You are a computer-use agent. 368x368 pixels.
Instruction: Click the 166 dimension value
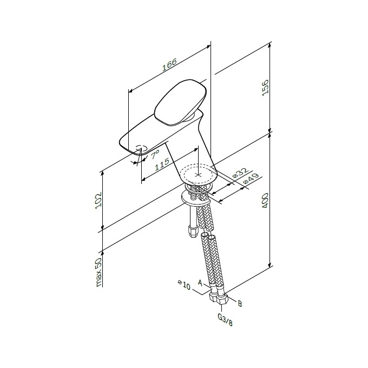pyautogui.click(x=169, y=67)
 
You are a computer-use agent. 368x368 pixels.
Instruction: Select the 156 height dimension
pyautogui.click(x=265, y=87)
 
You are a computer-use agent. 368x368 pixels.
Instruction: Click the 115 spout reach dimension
pyautogui.click(x=161, y=165)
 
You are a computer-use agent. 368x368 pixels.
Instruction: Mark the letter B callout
pyautogui.click(x=240, y=304)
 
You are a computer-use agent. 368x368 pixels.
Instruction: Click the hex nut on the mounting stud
pyautogui.click(x=192, y=231)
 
